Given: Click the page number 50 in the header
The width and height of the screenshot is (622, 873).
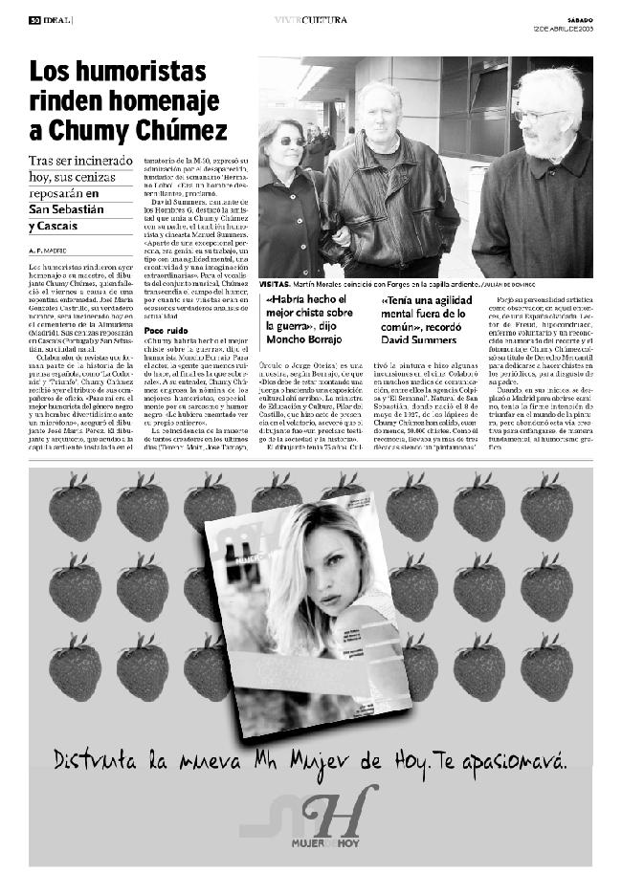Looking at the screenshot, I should [33, 19].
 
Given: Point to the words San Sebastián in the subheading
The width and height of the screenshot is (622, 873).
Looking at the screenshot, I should [66, 209].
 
